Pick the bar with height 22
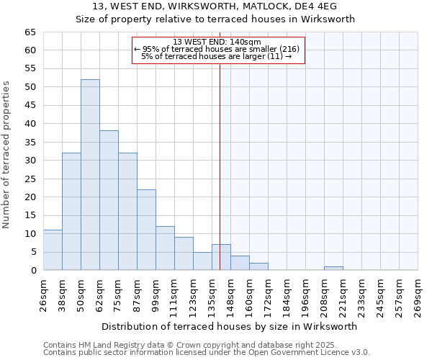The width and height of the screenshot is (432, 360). tap(146, 230)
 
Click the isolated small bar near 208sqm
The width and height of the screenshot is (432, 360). tap(333, 269)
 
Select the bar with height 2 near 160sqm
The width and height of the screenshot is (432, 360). tap(258, 266)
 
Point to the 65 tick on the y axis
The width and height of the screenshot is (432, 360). tap(30, 32)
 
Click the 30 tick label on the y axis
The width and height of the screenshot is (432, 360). tap(30, 161)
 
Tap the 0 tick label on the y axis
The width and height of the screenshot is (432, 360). tap(33, 271)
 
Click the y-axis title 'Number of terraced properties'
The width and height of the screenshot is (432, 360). tap(7, 155)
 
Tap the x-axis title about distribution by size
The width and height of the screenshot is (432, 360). tap(230, 326)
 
